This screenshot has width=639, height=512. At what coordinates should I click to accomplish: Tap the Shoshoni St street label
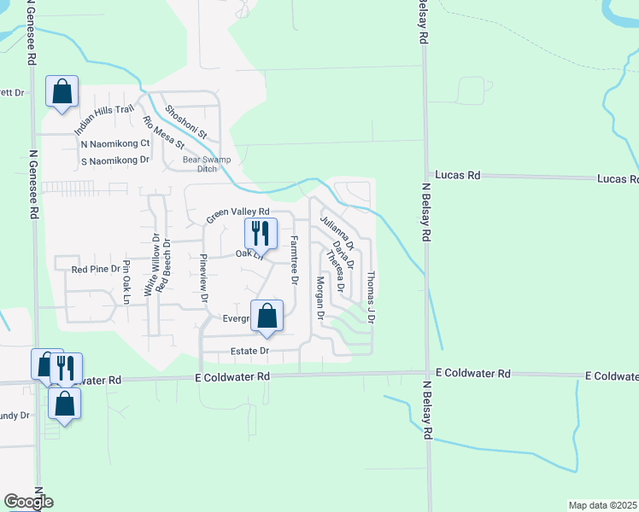186,121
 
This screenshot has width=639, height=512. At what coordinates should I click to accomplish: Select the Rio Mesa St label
163,132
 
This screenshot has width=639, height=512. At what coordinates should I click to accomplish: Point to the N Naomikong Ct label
115,143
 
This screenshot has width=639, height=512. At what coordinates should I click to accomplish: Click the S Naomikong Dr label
115,160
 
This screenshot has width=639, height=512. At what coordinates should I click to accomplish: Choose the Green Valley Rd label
237,217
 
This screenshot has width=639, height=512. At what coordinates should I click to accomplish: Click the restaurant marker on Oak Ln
261,233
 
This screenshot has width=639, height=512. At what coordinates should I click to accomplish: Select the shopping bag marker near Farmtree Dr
267,316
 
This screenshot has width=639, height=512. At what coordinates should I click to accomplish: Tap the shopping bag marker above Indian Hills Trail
62,91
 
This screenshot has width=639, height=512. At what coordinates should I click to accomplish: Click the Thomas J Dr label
371,296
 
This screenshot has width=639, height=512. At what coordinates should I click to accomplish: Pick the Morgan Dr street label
320,297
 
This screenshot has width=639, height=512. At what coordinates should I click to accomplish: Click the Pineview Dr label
203,278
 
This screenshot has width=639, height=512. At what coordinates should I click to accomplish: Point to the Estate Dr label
249,351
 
